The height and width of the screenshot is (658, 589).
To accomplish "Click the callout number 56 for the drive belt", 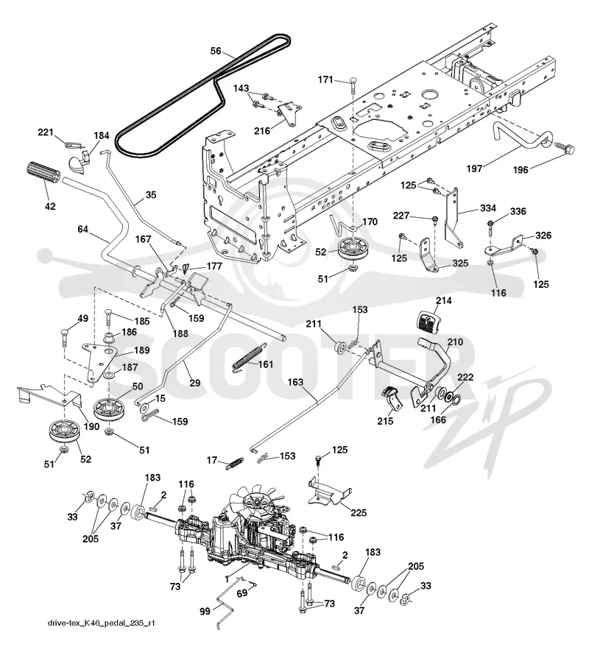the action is click(216, 51).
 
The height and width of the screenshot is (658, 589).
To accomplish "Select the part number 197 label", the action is click(474, 169).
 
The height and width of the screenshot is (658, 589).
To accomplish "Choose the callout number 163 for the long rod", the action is click(295, 382).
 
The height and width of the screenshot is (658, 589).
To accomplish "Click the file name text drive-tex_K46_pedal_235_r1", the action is click(101, 623).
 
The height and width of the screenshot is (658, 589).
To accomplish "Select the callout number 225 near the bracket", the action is click(359, 512).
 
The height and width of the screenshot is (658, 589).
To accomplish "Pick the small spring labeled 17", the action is click(234, 463).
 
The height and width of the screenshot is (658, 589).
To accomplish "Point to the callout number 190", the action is click(91, 426).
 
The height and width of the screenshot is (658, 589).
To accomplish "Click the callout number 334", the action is click(488, 208).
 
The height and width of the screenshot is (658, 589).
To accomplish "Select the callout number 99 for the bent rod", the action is click(205, 612).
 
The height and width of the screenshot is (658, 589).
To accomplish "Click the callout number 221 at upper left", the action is click(46, 132).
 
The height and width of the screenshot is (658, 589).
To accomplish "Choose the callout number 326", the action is click(543, 236).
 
